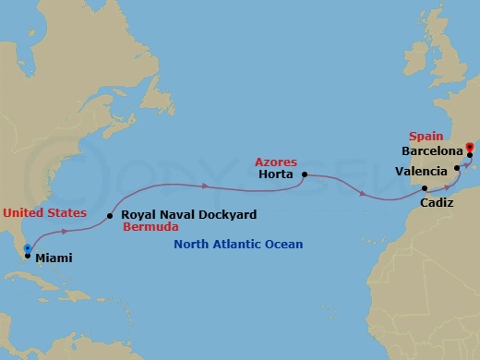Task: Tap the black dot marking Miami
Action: (27, 256)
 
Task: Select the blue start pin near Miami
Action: (29, 247)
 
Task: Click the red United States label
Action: (45, 212)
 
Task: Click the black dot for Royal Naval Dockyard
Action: (110, 216)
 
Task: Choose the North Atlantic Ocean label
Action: (238, 245)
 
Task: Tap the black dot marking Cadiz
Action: (425, 187)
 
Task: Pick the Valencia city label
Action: (422, 171)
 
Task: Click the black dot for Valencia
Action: (457, 168)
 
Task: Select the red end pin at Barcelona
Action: (469, 145)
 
